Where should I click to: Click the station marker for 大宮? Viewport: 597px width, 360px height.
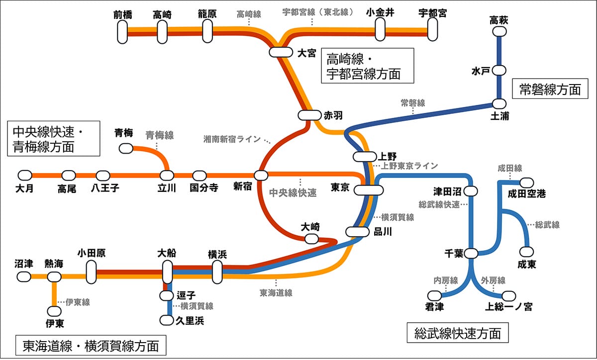coord(281,52)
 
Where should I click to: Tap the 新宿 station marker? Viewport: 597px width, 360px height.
coord(261,175)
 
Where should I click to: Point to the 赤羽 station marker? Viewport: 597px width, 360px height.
coord(309,115)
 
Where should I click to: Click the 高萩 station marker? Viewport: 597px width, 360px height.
coord(499,32)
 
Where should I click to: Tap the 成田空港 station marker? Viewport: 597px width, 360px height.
coord(527,182)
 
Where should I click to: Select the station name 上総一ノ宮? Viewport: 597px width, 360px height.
coord(508,307)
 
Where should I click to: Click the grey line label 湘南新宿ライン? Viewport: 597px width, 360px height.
coord(232,139)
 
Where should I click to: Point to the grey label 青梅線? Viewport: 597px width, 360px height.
coord(159,135)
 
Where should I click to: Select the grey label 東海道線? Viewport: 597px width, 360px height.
coord(276,293)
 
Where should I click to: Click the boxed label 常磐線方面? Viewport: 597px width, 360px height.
coord(550,89)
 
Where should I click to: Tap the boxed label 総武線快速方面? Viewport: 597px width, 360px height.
coord(457,333)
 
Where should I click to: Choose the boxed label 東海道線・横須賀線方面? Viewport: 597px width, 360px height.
coord(91,346)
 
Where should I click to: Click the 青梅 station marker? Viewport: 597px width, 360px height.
coord(125,148)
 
